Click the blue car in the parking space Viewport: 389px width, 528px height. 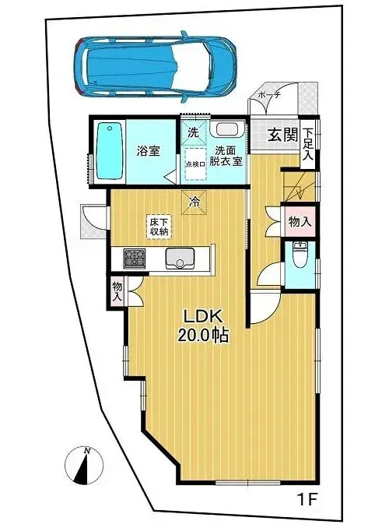[154, 67]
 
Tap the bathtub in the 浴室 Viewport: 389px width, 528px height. [109, 151]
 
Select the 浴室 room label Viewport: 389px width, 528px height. [148, 151]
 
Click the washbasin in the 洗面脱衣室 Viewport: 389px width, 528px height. [226, 129]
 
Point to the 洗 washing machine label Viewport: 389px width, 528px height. [193, 132]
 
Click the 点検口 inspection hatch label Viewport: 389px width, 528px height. [195, 164]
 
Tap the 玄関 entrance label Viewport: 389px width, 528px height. [282, 136]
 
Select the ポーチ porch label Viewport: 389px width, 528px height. [269, 95]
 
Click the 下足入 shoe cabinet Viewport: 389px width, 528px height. [308, 144]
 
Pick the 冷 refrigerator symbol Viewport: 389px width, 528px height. [194, 202]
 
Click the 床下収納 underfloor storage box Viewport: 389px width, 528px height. [159, 227]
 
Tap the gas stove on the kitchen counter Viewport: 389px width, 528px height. [135, 259]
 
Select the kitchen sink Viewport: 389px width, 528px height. [180, 259]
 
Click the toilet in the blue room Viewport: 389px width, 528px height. [300, 255]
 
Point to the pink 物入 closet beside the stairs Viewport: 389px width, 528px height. [300, 222]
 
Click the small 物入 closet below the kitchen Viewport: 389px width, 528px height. [117, 291]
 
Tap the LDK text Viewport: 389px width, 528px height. [202, 317]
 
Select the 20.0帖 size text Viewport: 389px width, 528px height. [203, 336]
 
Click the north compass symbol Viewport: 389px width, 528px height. [84, 466]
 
